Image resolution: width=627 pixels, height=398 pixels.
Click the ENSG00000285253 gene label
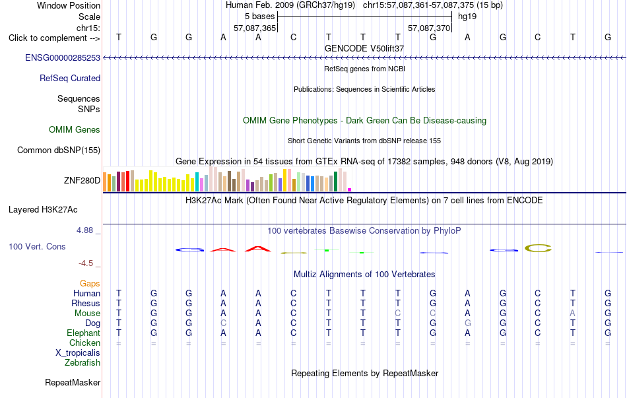tap(63, 57)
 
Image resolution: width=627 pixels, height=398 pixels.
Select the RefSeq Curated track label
tap(70, 78)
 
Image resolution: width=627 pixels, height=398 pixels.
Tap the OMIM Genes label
tap(75, 129)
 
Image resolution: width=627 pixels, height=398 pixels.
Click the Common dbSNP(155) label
tap(59, 150)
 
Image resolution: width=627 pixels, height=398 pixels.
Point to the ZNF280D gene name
tap(82, 180)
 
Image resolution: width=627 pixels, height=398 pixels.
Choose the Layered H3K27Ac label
tap(43, 210)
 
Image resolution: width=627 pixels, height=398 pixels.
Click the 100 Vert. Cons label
tap(37, 246)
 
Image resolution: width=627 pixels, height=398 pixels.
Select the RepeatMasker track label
tap(73, 382)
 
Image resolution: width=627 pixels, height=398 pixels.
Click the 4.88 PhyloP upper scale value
tap(84, 230)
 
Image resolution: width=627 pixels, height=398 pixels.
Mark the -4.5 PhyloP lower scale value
tap(86, 263)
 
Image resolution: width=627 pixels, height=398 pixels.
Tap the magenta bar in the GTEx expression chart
tap(350, 190)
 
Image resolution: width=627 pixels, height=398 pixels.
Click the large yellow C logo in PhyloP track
tap(538, 248)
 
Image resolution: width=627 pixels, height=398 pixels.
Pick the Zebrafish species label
tap(82, 362)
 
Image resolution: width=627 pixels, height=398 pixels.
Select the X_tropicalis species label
tap(78, 353)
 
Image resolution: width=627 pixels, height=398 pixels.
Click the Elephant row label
tap(84, 333)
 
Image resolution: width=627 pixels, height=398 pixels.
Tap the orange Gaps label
tap(90, 283)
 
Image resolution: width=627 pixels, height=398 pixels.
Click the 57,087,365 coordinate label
tap(255, 28)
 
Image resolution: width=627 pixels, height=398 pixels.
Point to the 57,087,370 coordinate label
tap(429, 28)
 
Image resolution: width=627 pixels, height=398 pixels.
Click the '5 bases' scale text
tap(260, 17)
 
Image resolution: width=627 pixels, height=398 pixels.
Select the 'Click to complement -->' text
tap(54, 38)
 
